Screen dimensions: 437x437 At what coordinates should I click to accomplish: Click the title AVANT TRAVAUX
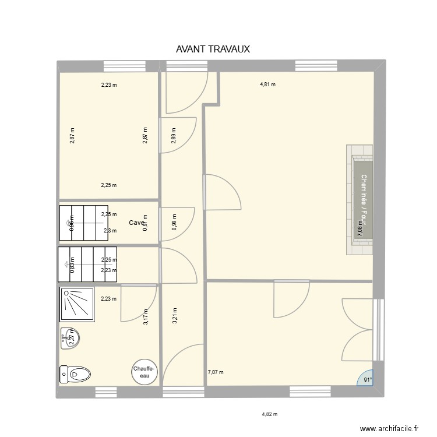(x=213, y=50)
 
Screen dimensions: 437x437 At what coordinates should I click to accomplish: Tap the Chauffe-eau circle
(x=143, y=372)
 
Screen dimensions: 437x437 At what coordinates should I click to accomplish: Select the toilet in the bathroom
(x=75, y=373)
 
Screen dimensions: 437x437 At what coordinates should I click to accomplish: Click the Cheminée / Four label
(x=364, y=200)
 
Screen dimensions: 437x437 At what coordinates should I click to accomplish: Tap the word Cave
(x=136, y=223)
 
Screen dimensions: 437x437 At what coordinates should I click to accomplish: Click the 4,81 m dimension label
(x=267, y=84)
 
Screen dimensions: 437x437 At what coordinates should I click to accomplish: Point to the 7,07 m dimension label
(x=216, y=372)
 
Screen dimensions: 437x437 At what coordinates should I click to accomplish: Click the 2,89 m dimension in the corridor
(x=174, y=135)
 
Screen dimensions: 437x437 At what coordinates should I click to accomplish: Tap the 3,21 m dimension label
(x=174, y=315)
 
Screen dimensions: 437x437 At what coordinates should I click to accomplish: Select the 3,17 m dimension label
(x=145, y=317)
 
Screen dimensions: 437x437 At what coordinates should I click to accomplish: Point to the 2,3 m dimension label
(x=110, y=231)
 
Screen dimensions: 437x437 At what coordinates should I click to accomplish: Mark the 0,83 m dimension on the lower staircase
(x=72, y=265)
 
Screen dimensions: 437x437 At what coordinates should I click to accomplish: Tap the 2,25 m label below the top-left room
(x=109, y=186)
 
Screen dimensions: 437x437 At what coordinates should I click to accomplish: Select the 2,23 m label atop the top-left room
(x=109, y=84)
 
